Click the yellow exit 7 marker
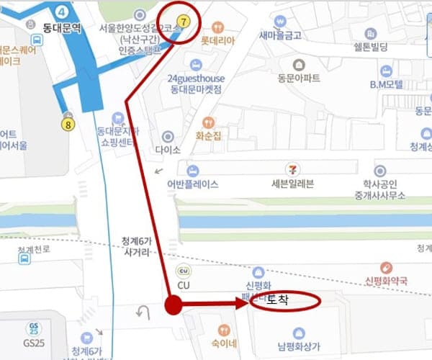[183, 22]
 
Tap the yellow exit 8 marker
[68, 124]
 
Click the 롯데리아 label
[218, 41]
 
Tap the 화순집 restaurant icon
[209, 122]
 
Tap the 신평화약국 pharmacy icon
[385, 267]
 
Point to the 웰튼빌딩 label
[371, 48]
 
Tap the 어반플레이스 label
[192, 184]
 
